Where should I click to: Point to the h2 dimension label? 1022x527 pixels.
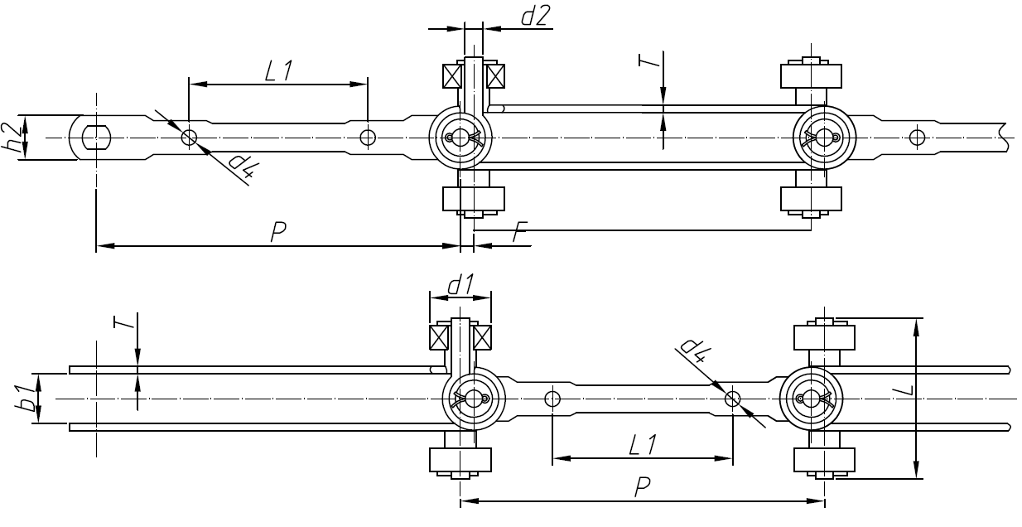[x=12, y=137]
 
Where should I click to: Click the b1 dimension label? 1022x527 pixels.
[x=27, y=399]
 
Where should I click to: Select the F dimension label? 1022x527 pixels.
[x=519, y=234]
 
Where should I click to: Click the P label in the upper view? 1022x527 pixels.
[x=278, y=233]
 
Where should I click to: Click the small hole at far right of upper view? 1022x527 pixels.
[x=915, y=137]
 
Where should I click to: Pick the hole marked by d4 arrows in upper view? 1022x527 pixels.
[x=190, y=137]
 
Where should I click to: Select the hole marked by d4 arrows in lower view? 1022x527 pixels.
[x=732, y=399]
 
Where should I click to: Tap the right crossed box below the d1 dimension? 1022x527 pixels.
[x=482, y=338]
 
